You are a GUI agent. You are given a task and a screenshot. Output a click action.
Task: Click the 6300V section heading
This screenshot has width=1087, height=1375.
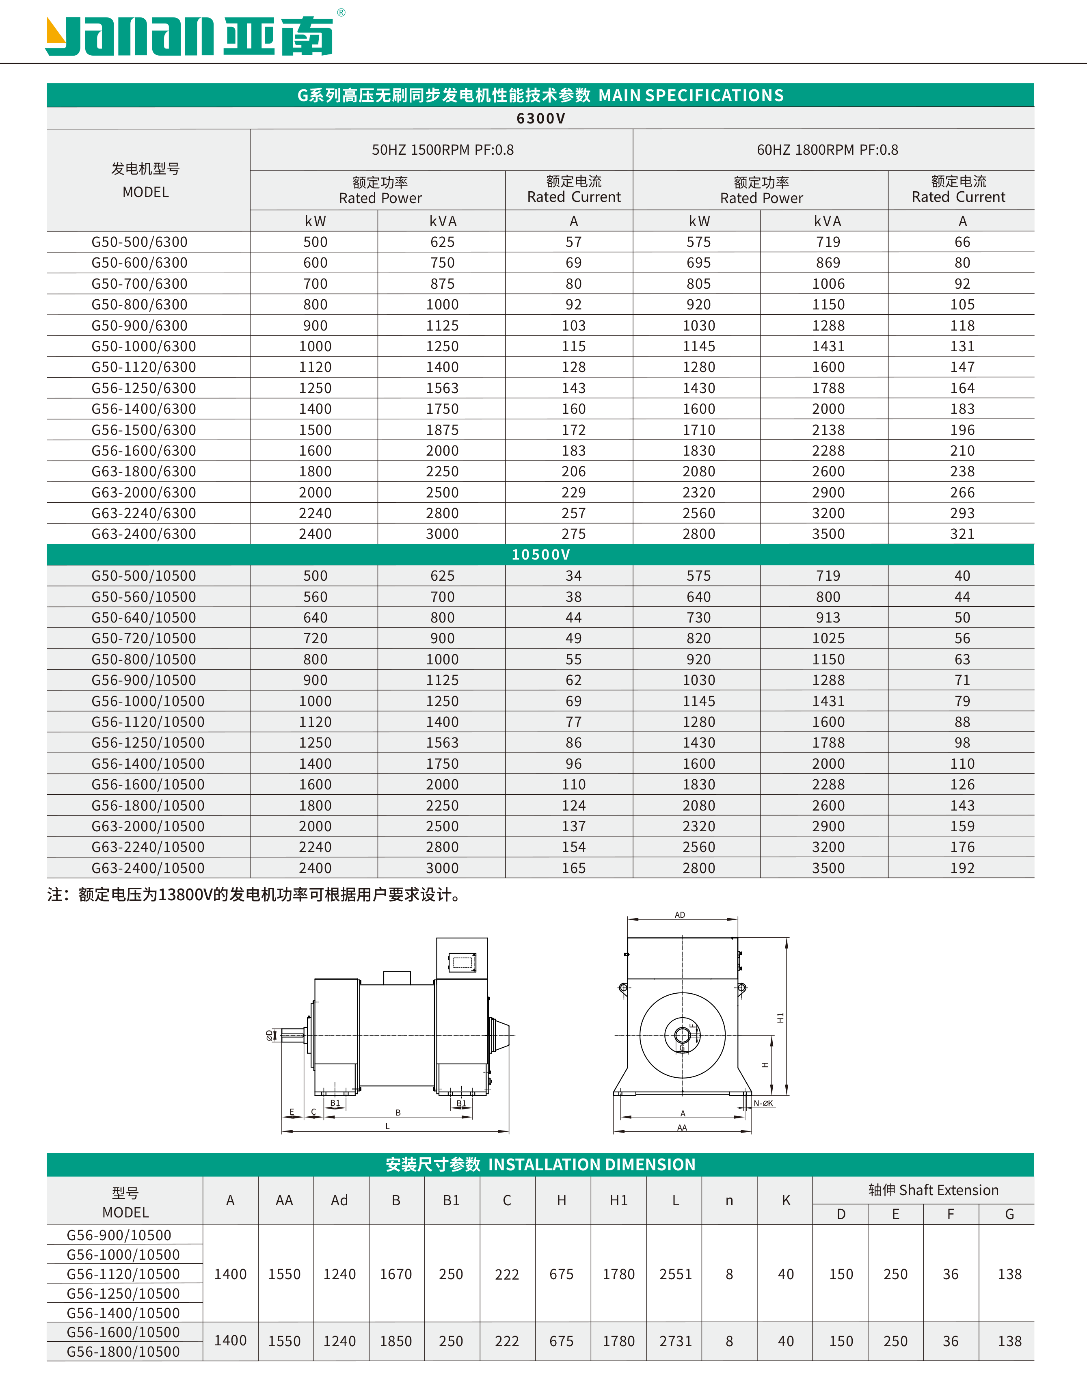point(540,119)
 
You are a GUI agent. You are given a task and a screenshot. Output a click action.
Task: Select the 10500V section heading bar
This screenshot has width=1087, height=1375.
point(540,554)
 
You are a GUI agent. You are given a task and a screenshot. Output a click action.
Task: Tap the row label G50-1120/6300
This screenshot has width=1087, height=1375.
point(143,368)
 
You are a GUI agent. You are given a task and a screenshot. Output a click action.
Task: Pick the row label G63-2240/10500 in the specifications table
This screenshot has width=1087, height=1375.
point(148,847)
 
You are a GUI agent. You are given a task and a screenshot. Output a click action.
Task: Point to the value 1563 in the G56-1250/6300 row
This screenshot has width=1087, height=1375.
point(442,388)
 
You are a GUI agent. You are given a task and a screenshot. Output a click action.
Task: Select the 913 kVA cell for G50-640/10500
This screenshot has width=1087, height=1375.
point(828,618)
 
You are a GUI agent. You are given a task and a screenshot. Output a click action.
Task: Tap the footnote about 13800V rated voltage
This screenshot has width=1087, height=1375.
point(255,895)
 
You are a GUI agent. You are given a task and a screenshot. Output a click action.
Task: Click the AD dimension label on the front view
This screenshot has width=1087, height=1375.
point(680,915)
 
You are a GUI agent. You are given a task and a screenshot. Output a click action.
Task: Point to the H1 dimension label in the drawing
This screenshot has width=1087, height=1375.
point(780,1017)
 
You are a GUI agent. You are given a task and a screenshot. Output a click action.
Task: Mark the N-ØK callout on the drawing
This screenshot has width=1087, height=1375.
point(763,1103)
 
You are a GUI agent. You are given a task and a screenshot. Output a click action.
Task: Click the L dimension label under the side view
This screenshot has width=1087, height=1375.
point(387,1126)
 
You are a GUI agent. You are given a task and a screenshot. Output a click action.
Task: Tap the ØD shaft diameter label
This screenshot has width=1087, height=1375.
point(269,1036)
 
